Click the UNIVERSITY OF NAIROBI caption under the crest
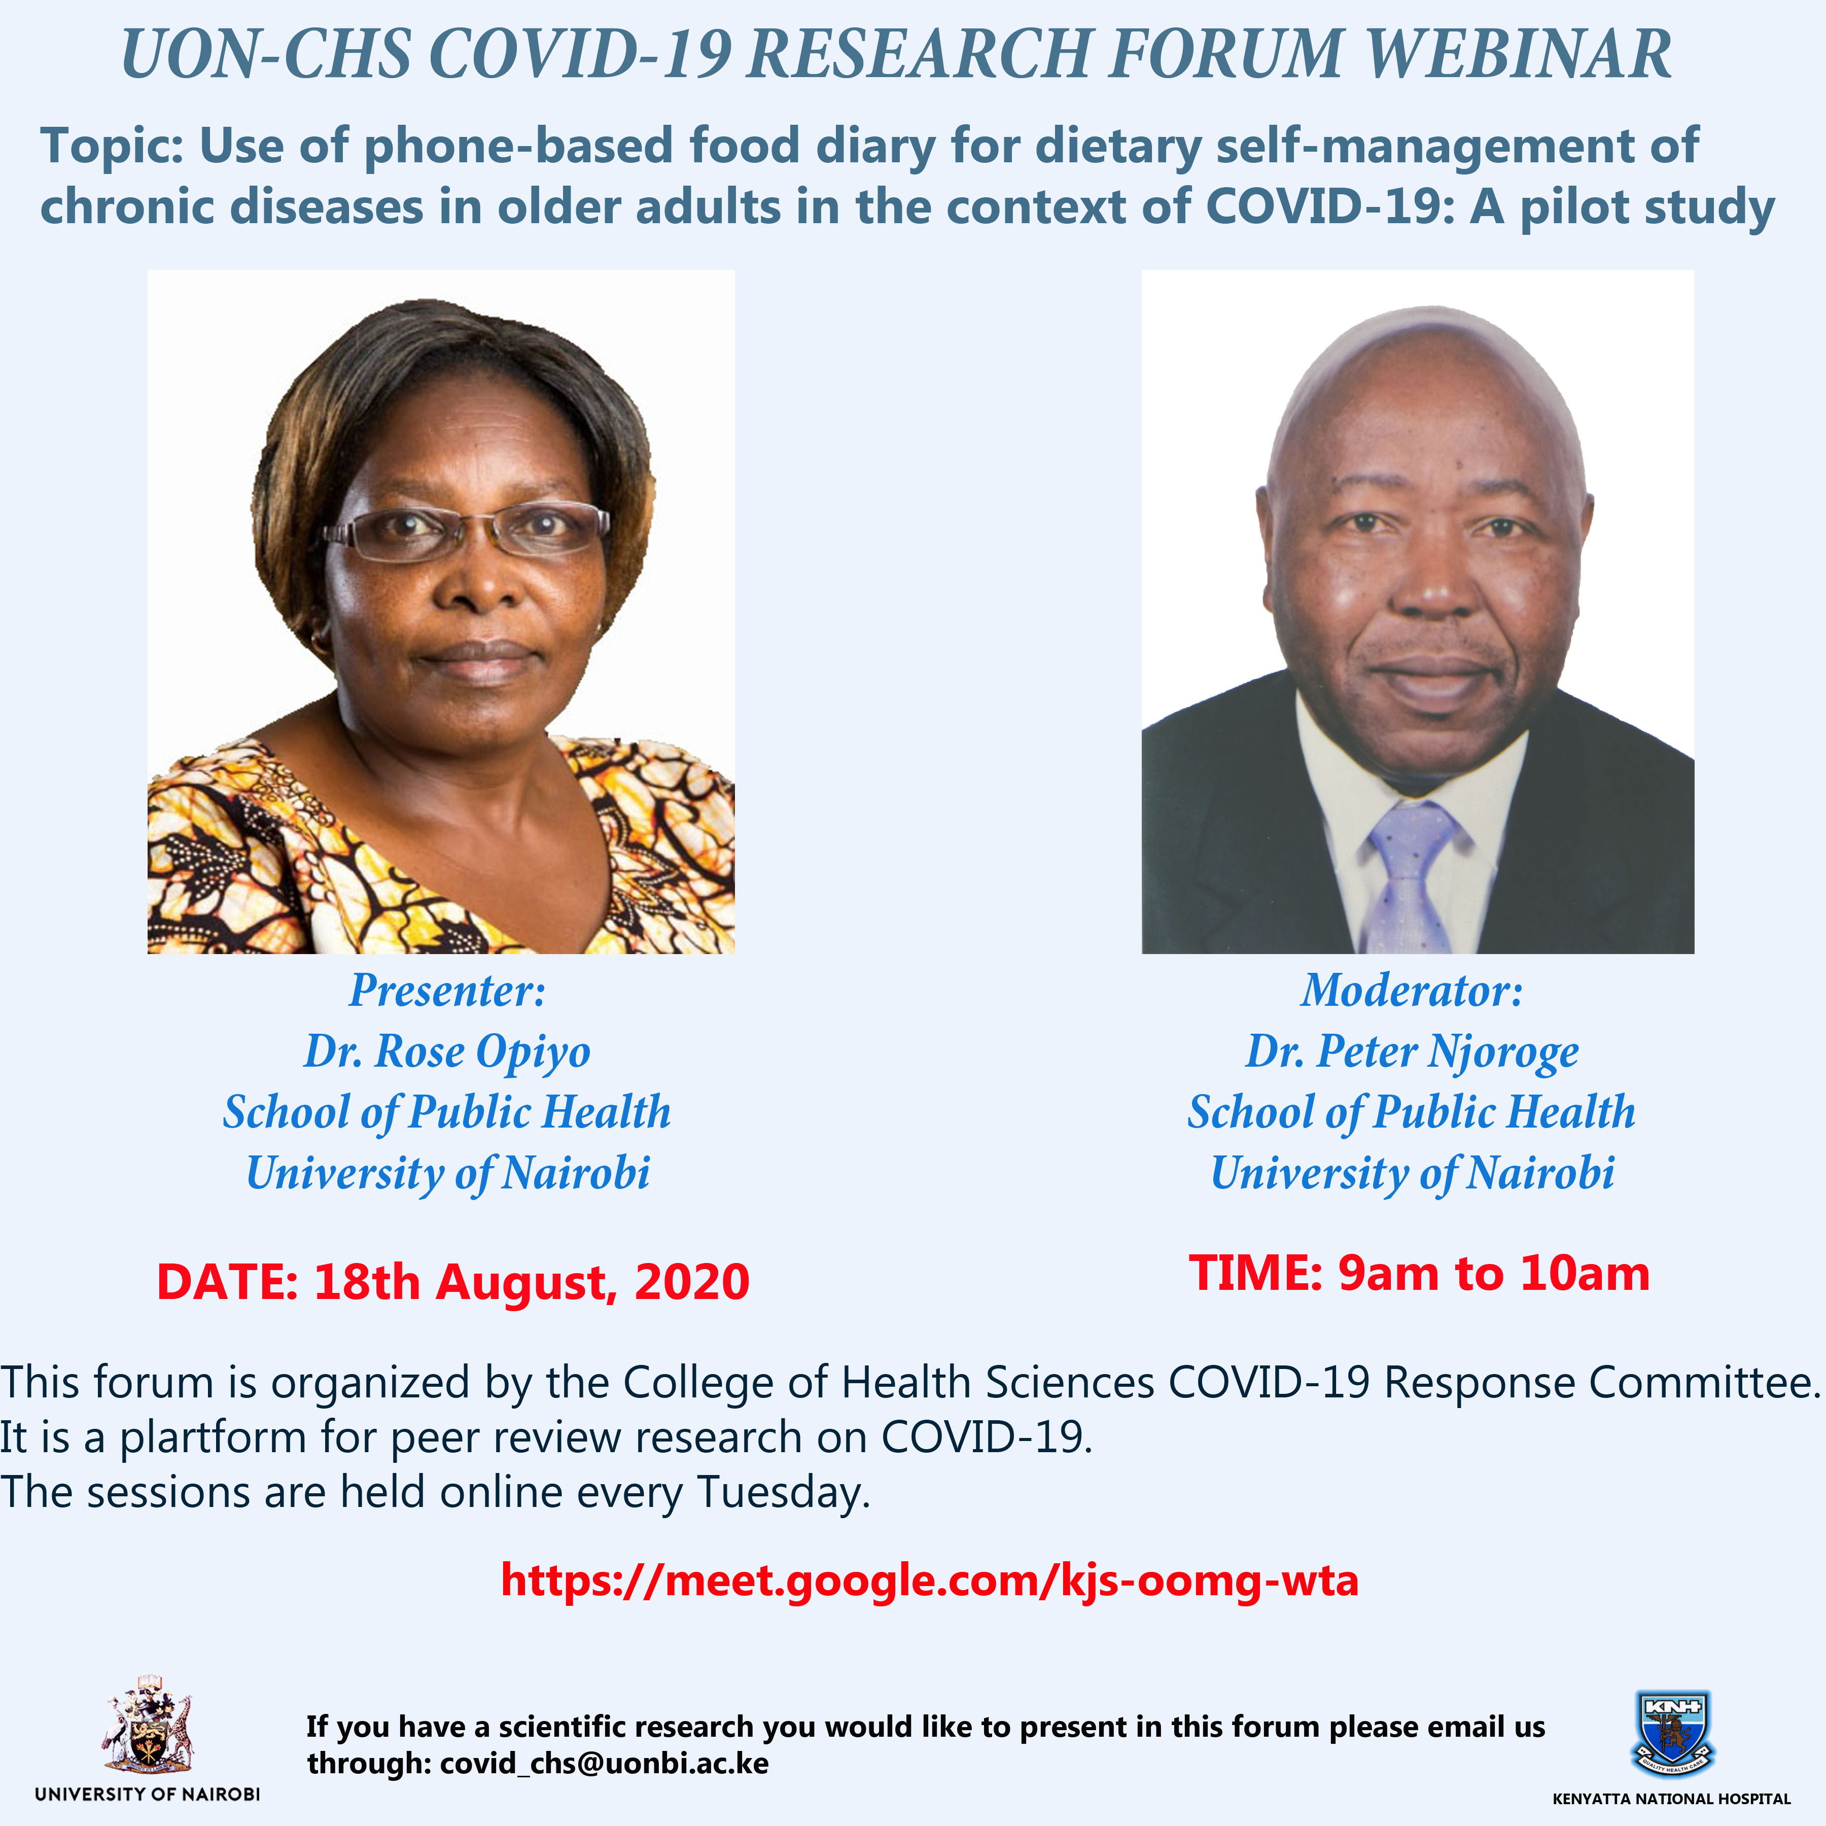(x=148, y=1794)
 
